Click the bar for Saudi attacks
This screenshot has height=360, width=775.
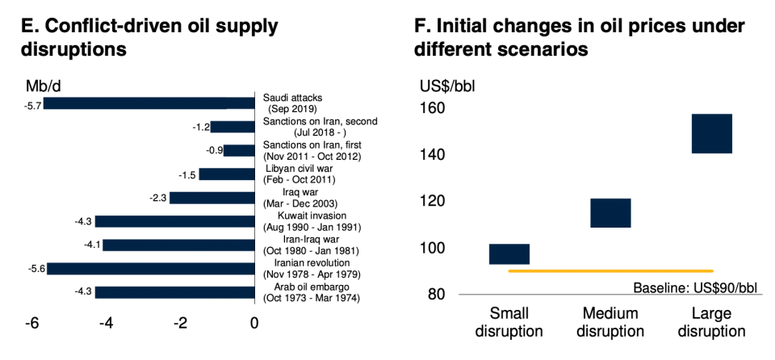(x=149, y=103)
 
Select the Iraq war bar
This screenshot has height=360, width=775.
(x=212, y=197)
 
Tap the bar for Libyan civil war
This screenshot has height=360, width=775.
(x=226, y=174)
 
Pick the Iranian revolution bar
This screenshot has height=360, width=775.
(x=150, y=268)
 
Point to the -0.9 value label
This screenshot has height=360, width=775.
(x=212, y=150)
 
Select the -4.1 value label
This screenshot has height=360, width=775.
(x=90, y=245)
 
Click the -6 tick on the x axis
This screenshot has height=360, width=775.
(x=31, y=324)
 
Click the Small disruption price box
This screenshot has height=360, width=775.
(x=509, y=253)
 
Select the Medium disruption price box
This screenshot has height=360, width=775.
(x=610, y=212)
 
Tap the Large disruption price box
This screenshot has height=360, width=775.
(x=711, y=133)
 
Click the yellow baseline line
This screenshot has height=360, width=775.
(x=610, y=271)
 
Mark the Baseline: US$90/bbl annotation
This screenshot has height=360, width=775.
(x=697, y=287)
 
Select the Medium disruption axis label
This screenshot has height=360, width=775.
(x=610, y=322)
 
